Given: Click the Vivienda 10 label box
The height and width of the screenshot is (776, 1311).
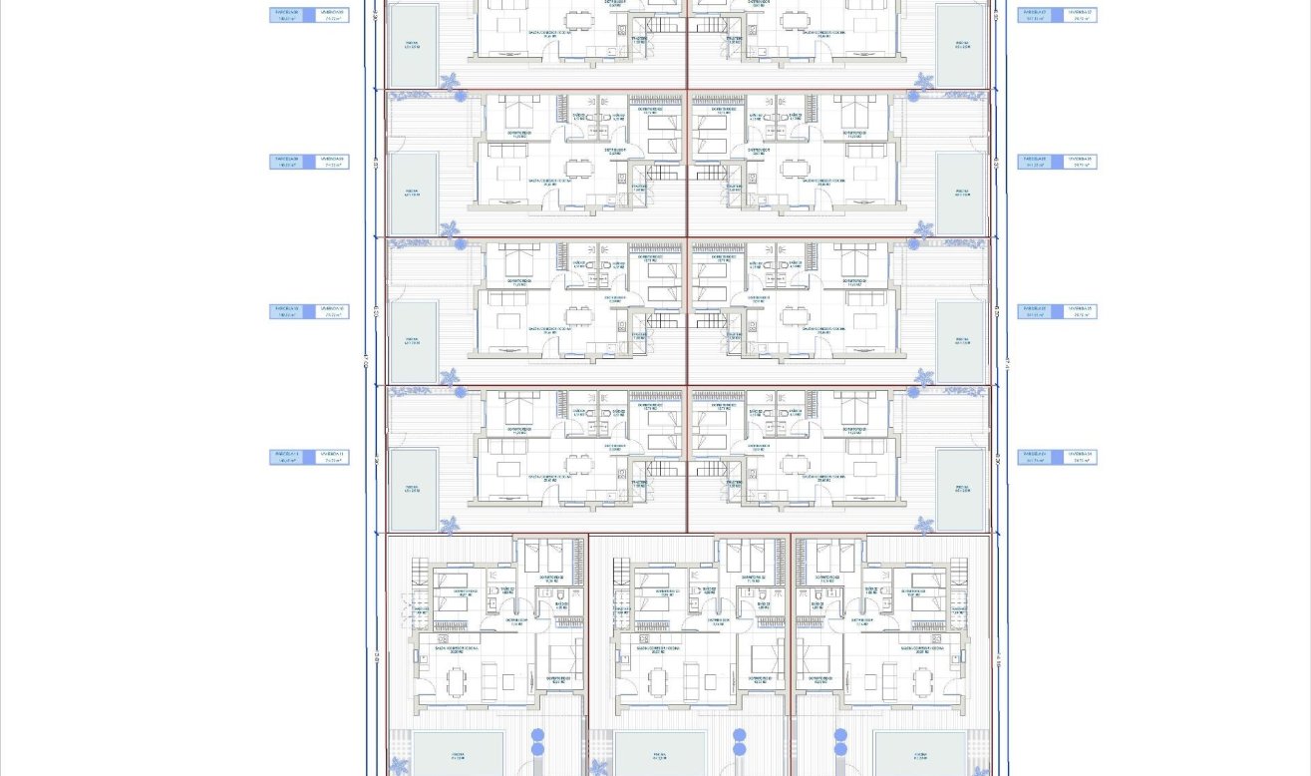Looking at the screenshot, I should pyautogui.click(x=333, y=311).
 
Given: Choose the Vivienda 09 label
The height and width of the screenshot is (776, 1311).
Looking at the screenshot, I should pyautogui.click(x=333, y=162).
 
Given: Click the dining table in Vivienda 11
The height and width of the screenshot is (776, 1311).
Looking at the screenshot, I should pyautogui.click(x=578, y=464).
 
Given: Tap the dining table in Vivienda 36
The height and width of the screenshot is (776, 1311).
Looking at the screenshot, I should pyautogui.click(x=796, y=169).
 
